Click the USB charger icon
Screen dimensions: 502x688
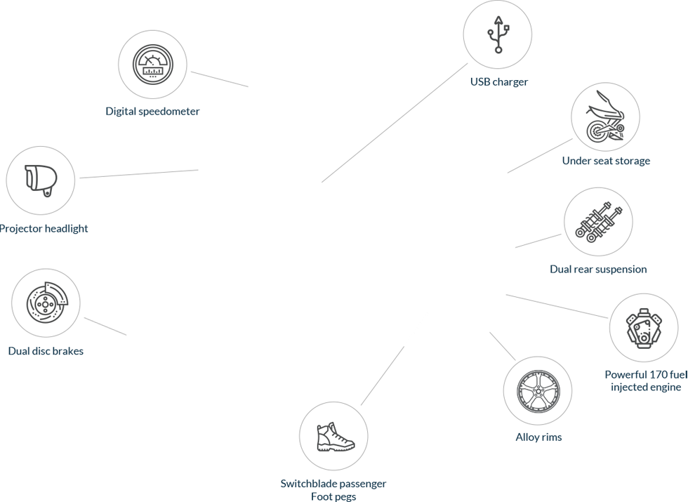(x=498, y=34)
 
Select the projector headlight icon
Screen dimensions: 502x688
(x=41, y=180)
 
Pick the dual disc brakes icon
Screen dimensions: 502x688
(x=46, y=303)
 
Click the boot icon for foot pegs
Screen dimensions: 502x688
(x=334, y=436)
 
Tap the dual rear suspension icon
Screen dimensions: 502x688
(x=598, y=221)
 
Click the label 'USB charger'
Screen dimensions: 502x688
(x=498, y=82)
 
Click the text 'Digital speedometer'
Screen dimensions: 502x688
(x=152, y=111)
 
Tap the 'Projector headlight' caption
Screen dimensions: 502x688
(x=44, y=228)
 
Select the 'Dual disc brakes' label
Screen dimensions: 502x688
(x=46, y=350)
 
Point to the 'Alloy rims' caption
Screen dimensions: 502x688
(x=538, y=437)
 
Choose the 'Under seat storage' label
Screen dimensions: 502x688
(x=606, y=161)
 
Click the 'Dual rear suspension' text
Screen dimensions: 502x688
(x=598, y=269)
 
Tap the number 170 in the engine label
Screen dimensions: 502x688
(x=655, y=374)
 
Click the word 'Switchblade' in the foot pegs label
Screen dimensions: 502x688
(x=308, y=484)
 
